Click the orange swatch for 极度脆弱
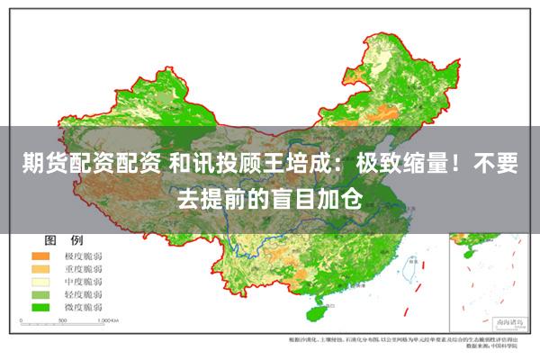pyautogui.click(x=41, y=256)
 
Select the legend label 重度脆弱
pyautogui.click(x=83, y=269)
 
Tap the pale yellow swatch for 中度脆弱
pyautogui.click(x=41, y=282)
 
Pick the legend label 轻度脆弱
pyautogui.click(x=83, y=294)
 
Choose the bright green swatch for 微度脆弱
pyautogui.click(x=41, y=307)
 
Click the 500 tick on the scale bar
pyautogui.click(x=64, y=319)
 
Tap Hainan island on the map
pyautogui.click(x=316, y=313)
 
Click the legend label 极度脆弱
pyautogui.click(x=83, y=256)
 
